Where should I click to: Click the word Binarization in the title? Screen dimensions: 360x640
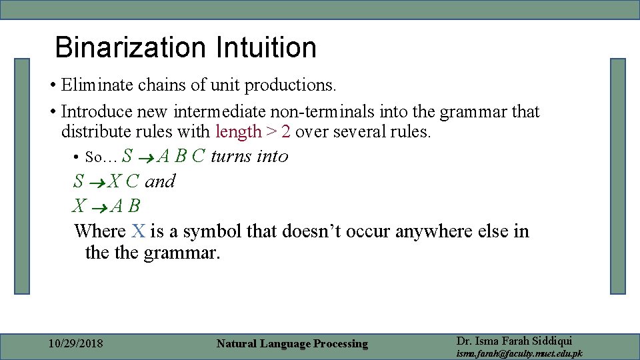(x=131, y=47)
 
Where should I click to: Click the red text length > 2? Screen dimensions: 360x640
(x=253, y=131)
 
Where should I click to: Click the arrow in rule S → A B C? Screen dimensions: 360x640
(x=146, y=157)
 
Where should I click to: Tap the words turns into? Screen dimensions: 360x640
(x=249, y=156)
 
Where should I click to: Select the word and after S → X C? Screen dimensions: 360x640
(x=160, y=181)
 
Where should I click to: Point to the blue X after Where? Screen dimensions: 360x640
(x=138, y=231)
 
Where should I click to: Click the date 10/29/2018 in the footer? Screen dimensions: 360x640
(x=76, y=344)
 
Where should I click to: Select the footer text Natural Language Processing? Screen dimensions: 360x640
(x=292, y=344)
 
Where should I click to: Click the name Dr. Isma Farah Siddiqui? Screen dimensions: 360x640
(x=514, y=340)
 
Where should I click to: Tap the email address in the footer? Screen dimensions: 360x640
(x=519, y=353)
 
